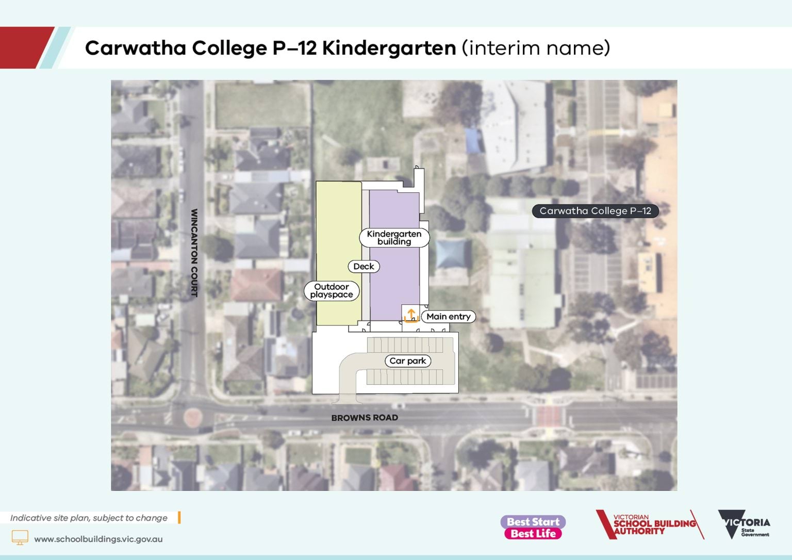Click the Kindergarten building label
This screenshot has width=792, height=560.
pyautogui.click(x=394, y=238)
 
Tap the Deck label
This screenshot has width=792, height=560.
pyautogui.click(x=364, y=267)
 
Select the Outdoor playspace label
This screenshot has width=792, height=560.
pyautogui.click(x=332, y=291)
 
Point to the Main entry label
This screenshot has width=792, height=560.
pyautogui.click(x=448, y=317)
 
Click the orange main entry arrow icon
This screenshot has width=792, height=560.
pyautogui.click(x=411, y=315)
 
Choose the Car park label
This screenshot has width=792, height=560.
pyautogui.click(x=407, y=361)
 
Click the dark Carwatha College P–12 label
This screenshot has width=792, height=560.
pyautogui.click(x=595, y=211)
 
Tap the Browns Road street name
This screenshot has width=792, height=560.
pyautogui.click(x=365, y=418)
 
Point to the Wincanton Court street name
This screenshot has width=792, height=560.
pyautogui.click(x=194, y=253)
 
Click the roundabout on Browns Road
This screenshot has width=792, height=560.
pyautogui.click(x=192, y=416)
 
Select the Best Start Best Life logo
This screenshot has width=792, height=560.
pyautogui.click(x=533, y=528)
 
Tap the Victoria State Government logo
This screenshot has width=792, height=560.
pyautogui.click(x=744, y=525)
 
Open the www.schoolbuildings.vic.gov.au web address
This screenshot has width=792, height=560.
pyautogui.click(x=98, y=539)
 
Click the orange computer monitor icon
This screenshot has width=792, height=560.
pyautogui.click(x=20, y=537)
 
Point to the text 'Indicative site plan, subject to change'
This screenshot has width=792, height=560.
pyautogui.click(x=89, y=518)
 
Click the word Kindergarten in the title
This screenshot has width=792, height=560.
pyautogui.click(x=389, y=48)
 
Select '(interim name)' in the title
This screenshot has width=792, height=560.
pyautogui.click(x=536, y=48)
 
